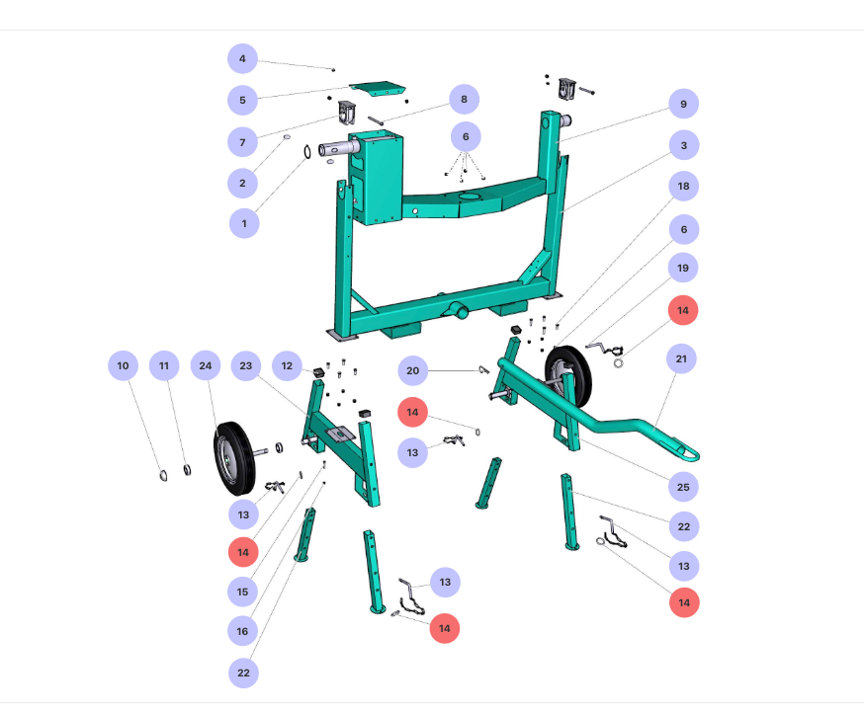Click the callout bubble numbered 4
click(x=242, y=59)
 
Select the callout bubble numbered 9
click(x=683, y=104)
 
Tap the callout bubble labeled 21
click(x=681, y=358)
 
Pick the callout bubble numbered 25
click(x=683, y=487)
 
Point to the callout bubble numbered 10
click(x=123, y=365)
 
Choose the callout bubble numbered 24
click(x=206, y=365)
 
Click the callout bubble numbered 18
click(x=683, y=187)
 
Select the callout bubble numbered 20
click(x=413, y=371)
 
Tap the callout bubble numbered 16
click(x=242, y=631)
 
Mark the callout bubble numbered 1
click(x=244, y=223)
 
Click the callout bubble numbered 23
click(x=246, y=365)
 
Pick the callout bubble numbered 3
click(x=683, y=145)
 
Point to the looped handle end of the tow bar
click(x=686, y=452)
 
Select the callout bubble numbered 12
click(x=287, y=365)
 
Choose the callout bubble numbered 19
click(x=683, y=268)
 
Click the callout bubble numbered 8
click(x=464, y=99)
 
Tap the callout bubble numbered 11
click(x=164, y=365)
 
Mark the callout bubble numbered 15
click(x=242, y=592)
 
